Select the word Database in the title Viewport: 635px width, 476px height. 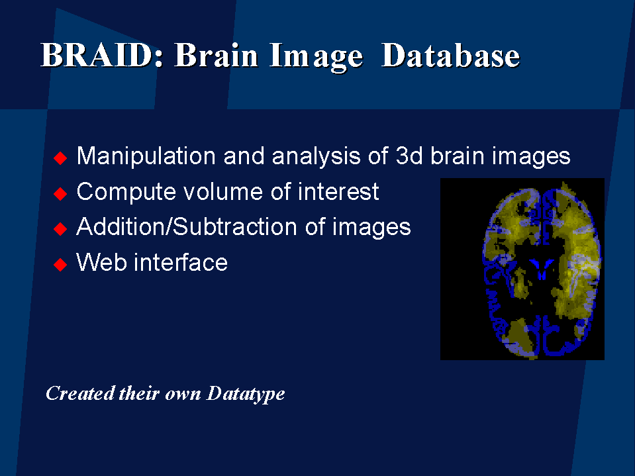click(451, 55)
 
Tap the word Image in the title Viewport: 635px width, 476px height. click(316, 57)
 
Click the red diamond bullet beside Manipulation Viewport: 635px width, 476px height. click(60, 158)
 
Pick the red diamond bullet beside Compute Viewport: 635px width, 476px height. click(60, 193)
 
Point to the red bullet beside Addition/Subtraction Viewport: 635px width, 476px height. click(60, 229)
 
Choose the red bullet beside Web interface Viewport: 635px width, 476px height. click(60, 265)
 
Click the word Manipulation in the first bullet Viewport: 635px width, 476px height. click(146, 156)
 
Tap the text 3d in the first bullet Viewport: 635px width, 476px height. click(409, 155)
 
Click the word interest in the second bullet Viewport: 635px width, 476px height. click(338, 191)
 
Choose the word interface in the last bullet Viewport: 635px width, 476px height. click(181, 262)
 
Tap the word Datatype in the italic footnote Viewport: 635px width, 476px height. click(246, 394)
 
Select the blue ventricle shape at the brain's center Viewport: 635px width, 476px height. click(542, 268)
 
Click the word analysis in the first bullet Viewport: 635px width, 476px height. click(316, 156)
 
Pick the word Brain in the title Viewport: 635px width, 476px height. click(217, 56)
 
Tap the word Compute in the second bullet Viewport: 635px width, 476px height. click(126, 192)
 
